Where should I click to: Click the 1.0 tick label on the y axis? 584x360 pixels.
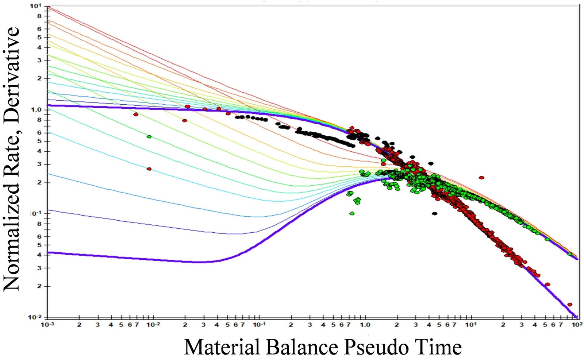click(36, 110)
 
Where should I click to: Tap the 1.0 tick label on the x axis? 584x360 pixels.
click(365, 325)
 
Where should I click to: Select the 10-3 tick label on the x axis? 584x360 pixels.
click(47, 325)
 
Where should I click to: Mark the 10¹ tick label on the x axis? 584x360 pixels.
click(470, 325)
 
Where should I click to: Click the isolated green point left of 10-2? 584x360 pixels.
click(149, 136)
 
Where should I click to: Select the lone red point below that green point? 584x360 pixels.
click(149, 169)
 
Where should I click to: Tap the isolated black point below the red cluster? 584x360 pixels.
click(434, 213)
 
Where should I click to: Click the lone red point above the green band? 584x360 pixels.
click(481, 178)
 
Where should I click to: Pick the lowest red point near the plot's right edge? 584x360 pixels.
click(570, 304)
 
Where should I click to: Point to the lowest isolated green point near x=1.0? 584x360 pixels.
click(352, 213)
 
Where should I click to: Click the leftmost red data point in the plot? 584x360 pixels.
click(136, 114)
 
